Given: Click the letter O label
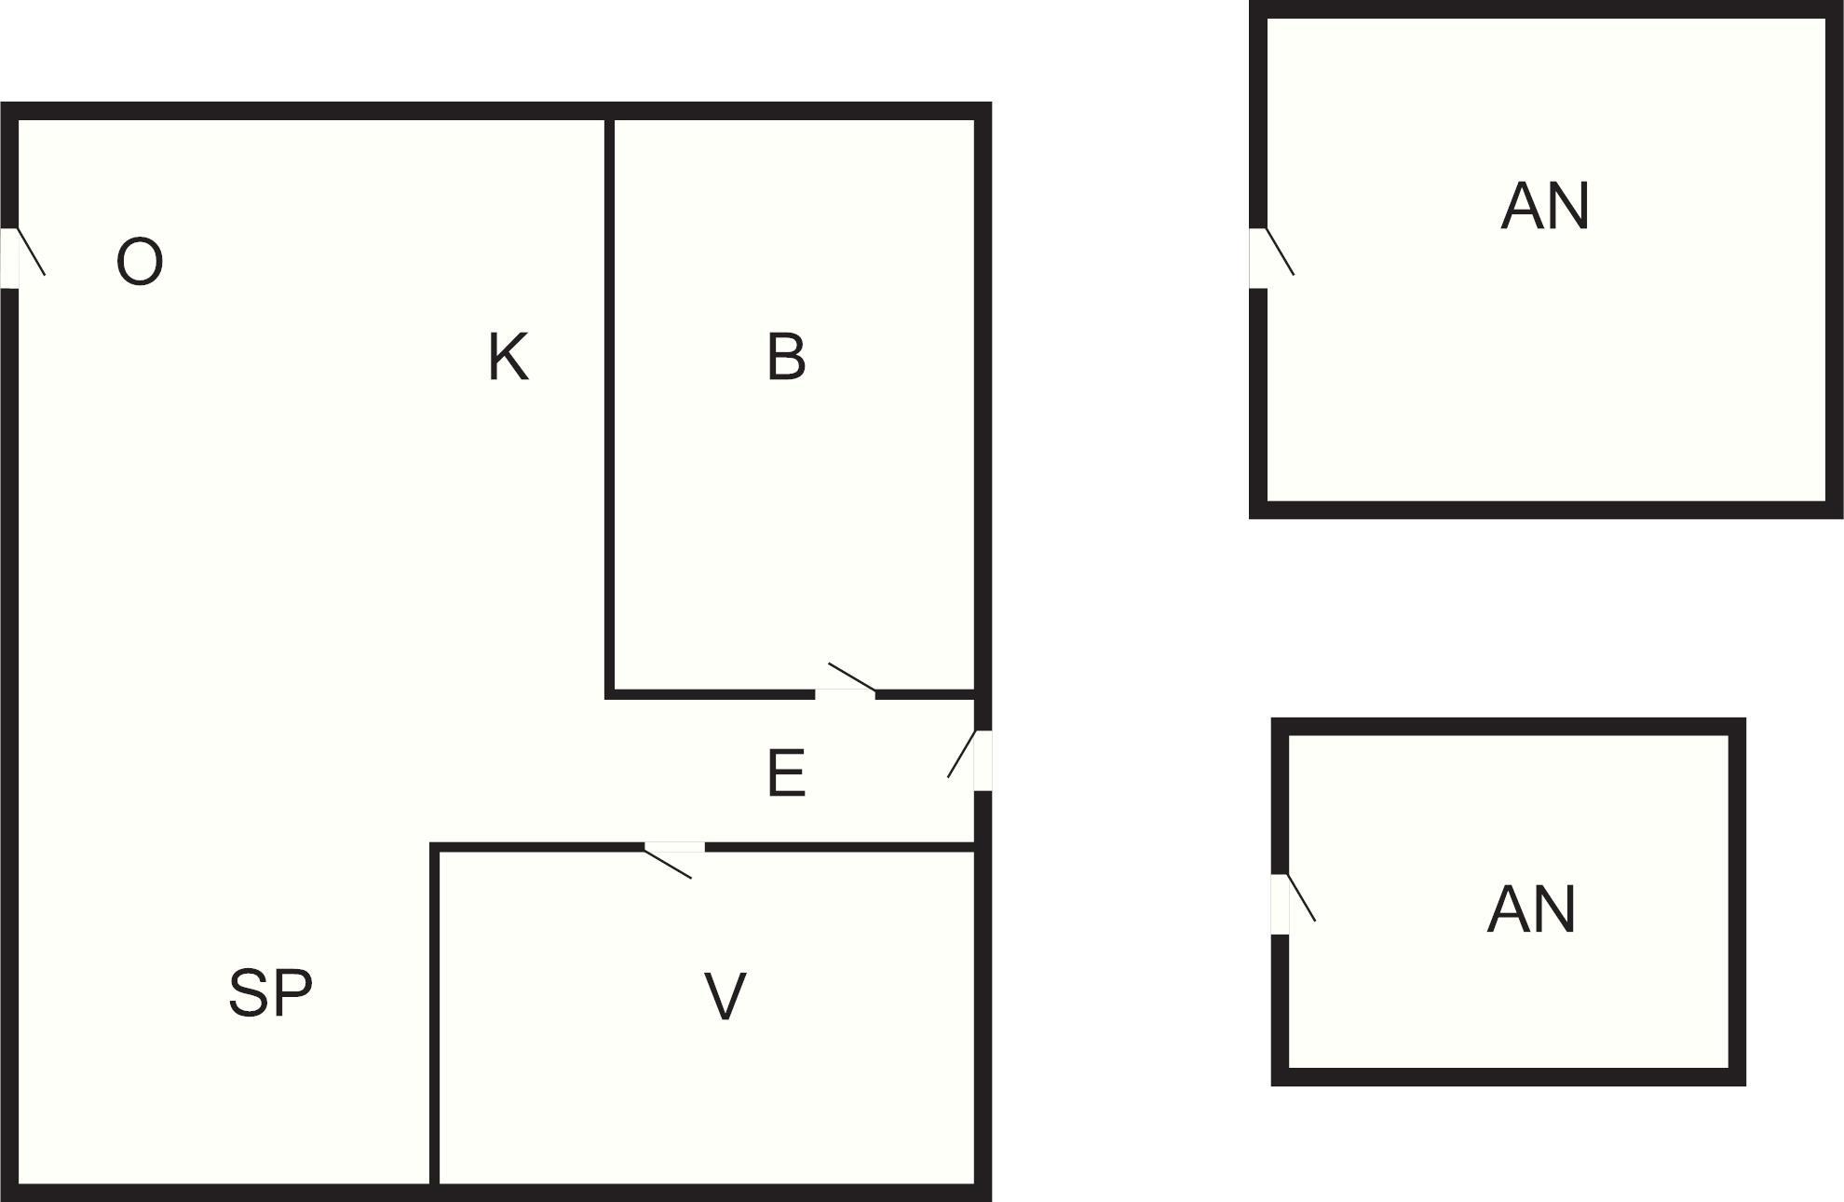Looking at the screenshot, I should point(140,262).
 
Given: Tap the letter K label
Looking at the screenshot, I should point(508,357).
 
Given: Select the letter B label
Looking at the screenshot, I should point(786,357).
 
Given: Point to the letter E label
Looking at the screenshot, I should point(786,773).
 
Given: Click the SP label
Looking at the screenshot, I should point(270,993).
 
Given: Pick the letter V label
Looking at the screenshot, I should point(725,997).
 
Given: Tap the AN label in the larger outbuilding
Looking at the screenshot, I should point(1545,207).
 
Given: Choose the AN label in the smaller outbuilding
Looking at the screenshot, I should point(1531,910).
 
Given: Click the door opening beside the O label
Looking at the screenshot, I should point(9,258).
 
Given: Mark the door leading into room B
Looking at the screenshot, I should point(845,694).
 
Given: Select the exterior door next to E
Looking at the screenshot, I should point(983,760).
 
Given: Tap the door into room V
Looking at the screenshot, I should point(674,847).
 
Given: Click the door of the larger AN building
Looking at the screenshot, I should point(1258,258).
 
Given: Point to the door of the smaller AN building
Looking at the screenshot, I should point(1281,904).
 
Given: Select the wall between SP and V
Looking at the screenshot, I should point(435,1016).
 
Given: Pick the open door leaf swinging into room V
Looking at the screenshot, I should point(669,863).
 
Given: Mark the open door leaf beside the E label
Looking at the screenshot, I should point(961,755).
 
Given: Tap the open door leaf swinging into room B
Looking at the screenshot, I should point(851,677).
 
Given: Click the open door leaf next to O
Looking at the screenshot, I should point(32,252).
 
